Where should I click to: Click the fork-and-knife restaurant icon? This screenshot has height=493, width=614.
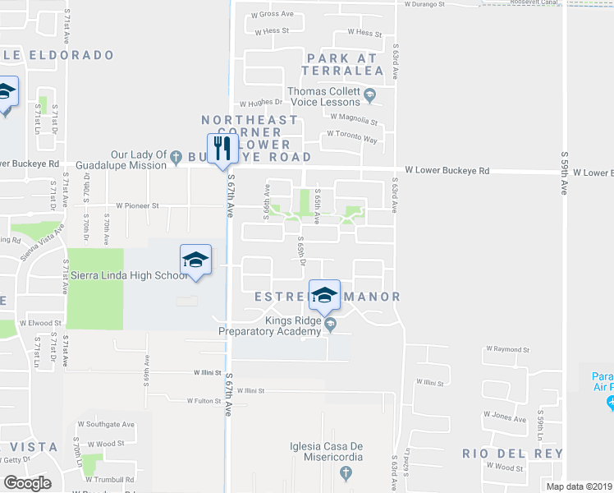click(220, 149)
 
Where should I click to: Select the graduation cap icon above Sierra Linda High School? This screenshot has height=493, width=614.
click(195, 260)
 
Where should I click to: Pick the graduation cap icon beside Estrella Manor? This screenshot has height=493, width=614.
click(325, 294)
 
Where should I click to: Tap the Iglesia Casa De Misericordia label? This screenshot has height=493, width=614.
click(345, 448)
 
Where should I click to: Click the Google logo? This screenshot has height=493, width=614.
click(26, 483)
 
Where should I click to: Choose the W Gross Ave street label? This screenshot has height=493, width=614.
click(273, 14)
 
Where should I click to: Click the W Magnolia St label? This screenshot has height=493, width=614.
click(355, 122)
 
